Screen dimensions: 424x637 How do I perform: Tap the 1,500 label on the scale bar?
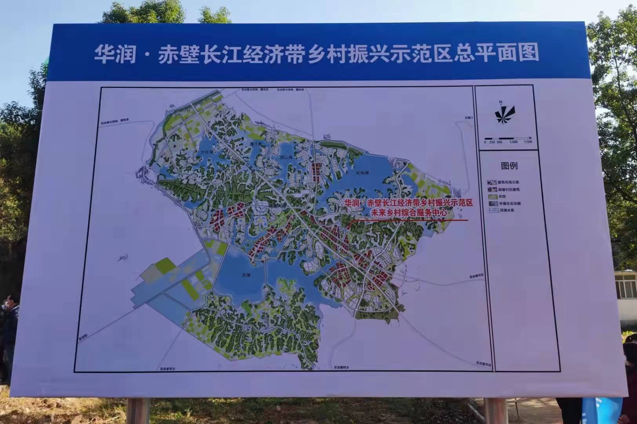point(528,142)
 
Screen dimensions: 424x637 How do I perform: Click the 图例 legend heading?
point(509,166)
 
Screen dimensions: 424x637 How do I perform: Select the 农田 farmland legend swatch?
point(492,196)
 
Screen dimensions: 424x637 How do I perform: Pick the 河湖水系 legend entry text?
point(506,210)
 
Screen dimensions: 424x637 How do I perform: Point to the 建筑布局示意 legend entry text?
point(508,183)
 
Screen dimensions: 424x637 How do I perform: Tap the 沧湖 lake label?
point(246,275)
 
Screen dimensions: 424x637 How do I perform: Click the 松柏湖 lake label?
point(363,173)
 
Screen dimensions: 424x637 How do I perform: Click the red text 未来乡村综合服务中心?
point(409,212)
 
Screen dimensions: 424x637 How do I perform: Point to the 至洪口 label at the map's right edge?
point(469,118)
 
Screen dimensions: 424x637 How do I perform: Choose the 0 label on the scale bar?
point(485,142)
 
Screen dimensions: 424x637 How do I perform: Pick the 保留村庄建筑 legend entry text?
point(509,190)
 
